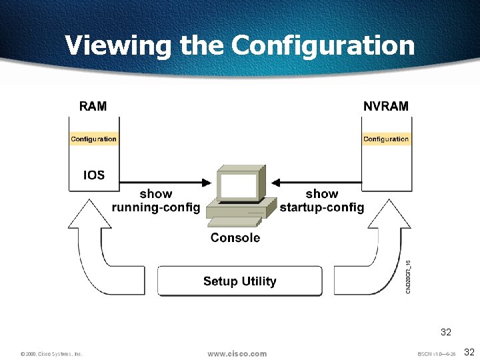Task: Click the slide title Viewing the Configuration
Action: click(x=239, y=45)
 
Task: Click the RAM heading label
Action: click(x=93, y=106)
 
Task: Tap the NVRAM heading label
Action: click(x=386, y=106)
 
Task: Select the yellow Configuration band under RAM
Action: click(x=93, y=139)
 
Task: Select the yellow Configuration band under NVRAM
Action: click(x=386, y=139)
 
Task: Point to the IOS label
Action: click(x=93, y=175)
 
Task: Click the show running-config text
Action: click(x=156, y=201)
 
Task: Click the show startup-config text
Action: click(x=322, y=201)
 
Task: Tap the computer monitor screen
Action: click(x=238, y=186)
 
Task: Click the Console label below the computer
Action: click(x=235, y=238)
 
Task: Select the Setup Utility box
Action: click(x=239, y=281)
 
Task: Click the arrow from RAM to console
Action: click(x=167, y=181)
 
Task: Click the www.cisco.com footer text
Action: click(x=237, y=353)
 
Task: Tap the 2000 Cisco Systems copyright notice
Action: click(x=51, y=354)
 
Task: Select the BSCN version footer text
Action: click(x=436, y=354)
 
